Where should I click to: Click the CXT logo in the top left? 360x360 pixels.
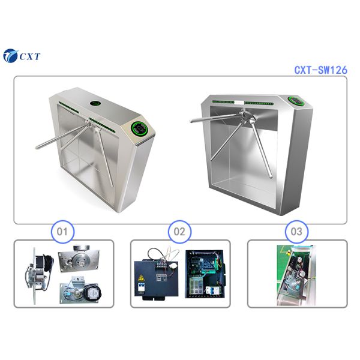[22, 56]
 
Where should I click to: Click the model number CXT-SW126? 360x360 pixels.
[320, 70]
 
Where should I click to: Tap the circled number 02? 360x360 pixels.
[179, 230]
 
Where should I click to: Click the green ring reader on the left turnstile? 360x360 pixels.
[140, 128]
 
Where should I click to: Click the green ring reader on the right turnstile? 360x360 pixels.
[295, 100]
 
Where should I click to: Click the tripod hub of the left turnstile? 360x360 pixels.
[88, 125]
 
